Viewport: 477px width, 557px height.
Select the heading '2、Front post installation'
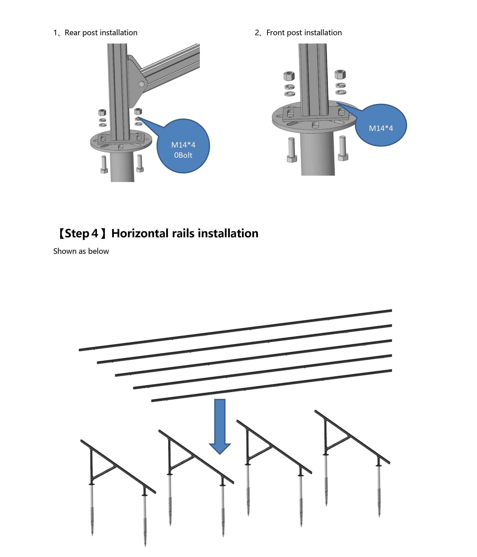[298, 33]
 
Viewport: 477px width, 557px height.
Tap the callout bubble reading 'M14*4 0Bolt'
[183, 147]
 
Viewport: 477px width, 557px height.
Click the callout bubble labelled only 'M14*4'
[381, 126]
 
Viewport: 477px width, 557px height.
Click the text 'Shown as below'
[81, 251]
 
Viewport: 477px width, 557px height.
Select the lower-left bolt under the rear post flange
[104, 164]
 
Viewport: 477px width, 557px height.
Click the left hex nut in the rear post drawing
[102, 112]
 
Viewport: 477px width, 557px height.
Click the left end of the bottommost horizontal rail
[153, 401]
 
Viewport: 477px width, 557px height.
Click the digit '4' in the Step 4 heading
[94, 233]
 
